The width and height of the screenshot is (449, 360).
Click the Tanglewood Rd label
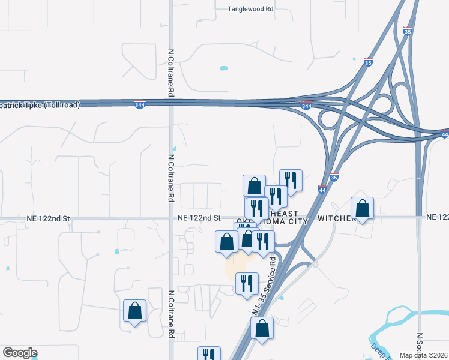[x=250, y=9]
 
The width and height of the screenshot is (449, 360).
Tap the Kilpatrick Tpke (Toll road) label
[x=40, y=104]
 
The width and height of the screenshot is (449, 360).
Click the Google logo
[x=19, y=353]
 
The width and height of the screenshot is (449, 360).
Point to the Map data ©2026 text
[x=424, y=355]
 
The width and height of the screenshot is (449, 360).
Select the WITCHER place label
[x=337, y=218]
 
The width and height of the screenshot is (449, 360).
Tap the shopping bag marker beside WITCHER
[x=363, y=208]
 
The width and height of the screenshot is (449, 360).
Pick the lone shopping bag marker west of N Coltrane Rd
[x=134, y=311]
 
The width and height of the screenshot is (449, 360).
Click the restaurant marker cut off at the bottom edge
[x=209, y=354]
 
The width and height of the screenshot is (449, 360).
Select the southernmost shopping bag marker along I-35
[x=262, y=328]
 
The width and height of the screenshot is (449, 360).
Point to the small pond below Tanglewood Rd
[x=224, y=68]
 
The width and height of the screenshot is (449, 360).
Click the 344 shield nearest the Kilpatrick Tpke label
[x=139, y=104]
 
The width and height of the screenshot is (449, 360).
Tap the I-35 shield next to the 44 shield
[x=334, y=177]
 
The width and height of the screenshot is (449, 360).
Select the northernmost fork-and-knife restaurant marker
[x=291, y=181]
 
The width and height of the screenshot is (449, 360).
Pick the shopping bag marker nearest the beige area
[x=226, y=241]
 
